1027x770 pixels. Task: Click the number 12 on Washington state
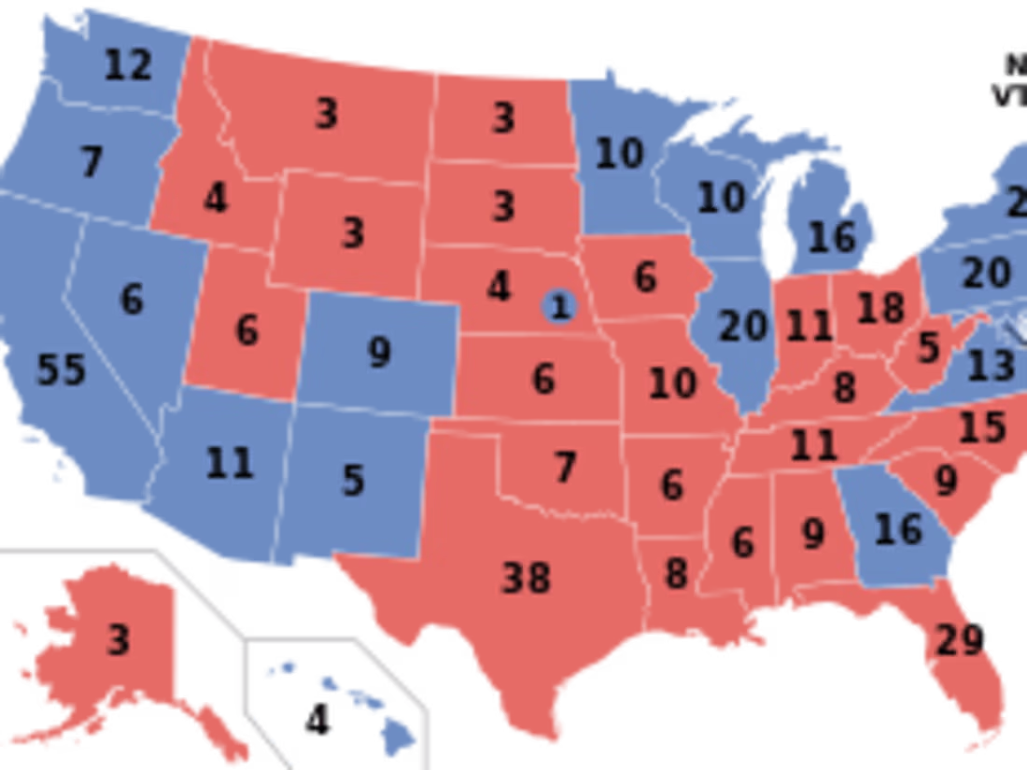[128, 64]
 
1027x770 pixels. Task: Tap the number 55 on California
[62, 370]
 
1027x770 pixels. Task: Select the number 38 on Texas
[527, 578]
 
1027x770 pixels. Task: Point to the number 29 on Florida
[959, 640]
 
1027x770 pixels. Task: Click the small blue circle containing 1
[560, 305]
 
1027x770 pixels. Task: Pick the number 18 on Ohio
[879, 307]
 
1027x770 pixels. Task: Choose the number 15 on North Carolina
[982, 427]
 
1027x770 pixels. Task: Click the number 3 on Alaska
[118, 640]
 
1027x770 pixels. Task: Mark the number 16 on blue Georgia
[898, 529]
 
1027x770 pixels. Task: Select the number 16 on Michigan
[832, 237]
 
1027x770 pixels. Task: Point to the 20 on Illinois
[743, 327]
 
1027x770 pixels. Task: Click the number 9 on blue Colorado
[378, 352]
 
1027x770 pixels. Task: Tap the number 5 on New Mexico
[352, 481]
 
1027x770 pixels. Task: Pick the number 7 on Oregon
[91, 162]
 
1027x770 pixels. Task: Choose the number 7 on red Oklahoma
[565, 467]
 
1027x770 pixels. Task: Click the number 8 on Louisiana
[676, 574]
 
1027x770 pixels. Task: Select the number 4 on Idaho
[216, 198]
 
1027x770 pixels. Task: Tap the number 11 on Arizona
[230, 462]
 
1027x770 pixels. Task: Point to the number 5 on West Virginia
[928, 347]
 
